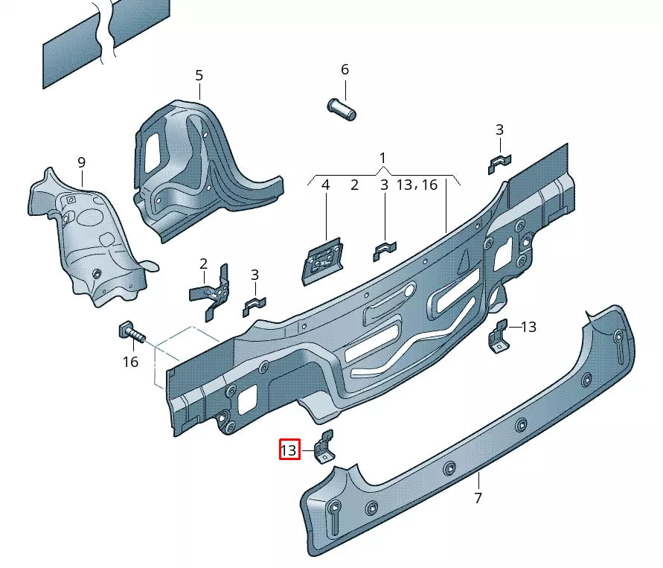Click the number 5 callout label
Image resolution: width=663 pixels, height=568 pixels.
point(199,75)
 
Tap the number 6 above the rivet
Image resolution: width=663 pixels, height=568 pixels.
point(345,69)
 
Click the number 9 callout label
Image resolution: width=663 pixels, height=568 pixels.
point(82,162)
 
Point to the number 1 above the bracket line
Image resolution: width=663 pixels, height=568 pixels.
point(382,158)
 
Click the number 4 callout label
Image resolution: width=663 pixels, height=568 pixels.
point(325,185)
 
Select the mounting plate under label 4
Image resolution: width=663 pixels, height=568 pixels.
point(321,260)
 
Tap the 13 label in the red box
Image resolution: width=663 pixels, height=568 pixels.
point(289,450)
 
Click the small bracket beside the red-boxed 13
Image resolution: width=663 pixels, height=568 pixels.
point(324,447)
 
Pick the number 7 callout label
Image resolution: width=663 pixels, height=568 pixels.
point(478,498)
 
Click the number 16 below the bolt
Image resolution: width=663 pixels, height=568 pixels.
point(130,363)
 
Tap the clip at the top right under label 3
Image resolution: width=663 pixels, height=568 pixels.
point(499,163)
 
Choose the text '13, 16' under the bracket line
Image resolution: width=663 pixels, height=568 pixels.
point(417,185)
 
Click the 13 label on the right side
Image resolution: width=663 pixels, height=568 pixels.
point(528,327)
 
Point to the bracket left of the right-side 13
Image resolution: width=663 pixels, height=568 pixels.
point(499,336)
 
